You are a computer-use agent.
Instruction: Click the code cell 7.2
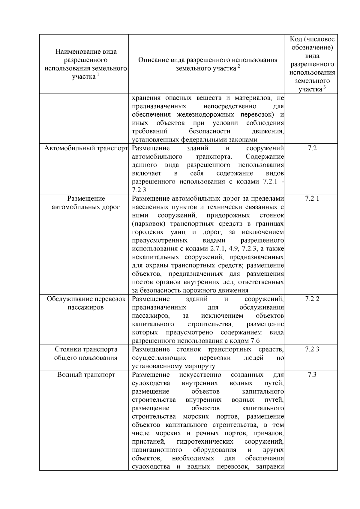pyautogui.click(x=312, y=148)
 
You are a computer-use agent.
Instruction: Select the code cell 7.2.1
pyautogui.click(x=312, y=199)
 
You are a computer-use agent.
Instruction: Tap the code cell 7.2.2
pyautogui.click(x=312, y=299)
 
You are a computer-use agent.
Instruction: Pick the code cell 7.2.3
pyautogui.click(x=312, y=349)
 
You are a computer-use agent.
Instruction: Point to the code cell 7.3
pyautogui.click(x=312, y=375)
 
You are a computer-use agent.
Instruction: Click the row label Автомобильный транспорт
pyautogui.click(x=86, y=148)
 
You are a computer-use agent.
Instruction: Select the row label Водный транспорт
pyautogui.click(x=86, y=375)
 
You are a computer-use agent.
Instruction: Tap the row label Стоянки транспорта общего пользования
pyautogui.click(x=86, y=354)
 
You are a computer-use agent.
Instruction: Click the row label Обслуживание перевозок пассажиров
pyautogui.click(x=86, y=303)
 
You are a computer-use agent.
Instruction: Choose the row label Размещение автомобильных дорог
pyautogui.click(x=86, y=203)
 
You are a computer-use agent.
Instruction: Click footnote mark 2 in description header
pyautogui.click(x=239, y=66)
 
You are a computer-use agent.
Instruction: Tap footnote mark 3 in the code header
pyautogui.click(x=324, y=87)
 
